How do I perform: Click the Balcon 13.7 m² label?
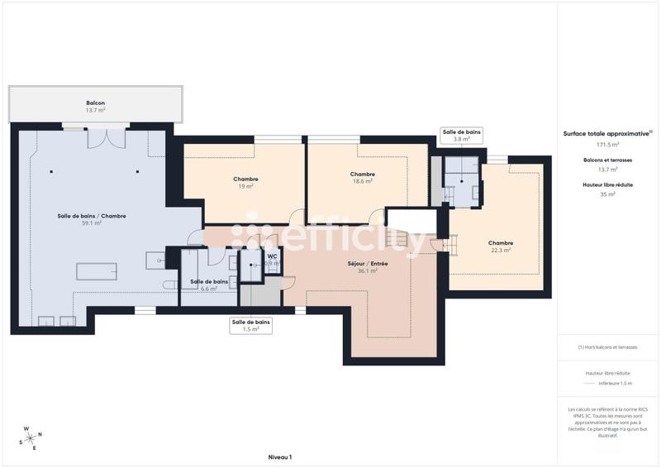[x=96, y=106]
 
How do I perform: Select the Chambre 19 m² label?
[x=245, y=183]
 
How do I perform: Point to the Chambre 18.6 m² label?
[x=362, y=178]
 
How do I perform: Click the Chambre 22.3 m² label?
[x=501, y=246]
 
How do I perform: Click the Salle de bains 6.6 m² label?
[x=209, y=285]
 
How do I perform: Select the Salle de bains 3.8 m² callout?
[x=461, y=136]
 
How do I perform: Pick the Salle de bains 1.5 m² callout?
[x=250, y=326]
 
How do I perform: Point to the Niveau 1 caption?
[x=280, y=457]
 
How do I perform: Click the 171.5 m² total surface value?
[x=607, y=144]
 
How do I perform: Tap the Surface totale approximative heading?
[x=607, y=133]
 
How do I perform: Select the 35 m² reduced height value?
[x=607, y=194]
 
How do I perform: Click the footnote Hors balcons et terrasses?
[x=607, y=347]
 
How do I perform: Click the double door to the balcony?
[x=107, y=136]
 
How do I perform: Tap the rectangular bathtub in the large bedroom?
[x=97, y=271]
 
